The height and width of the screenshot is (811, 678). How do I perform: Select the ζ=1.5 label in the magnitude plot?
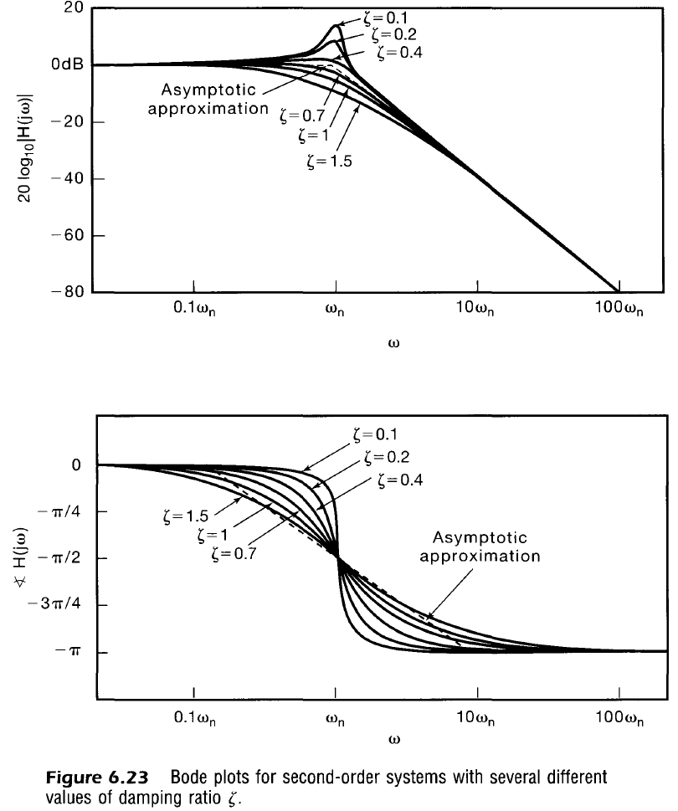(328, 162)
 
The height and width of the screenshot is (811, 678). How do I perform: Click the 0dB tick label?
(67, 65)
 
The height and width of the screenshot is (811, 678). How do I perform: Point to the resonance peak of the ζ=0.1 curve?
(336, 25)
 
